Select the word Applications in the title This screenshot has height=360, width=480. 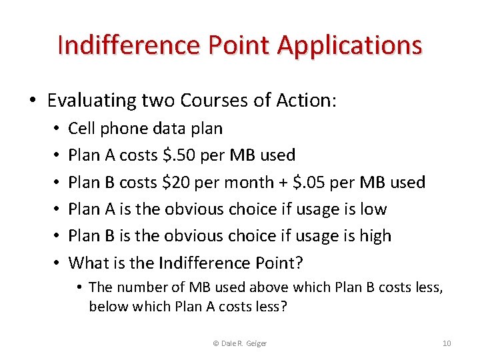(349, 45)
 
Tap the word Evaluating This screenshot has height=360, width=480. (92, 101)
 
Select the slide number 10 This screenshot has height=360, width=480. (447, 343)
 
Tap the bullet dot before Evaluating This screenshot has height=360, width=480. (33, 101)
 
